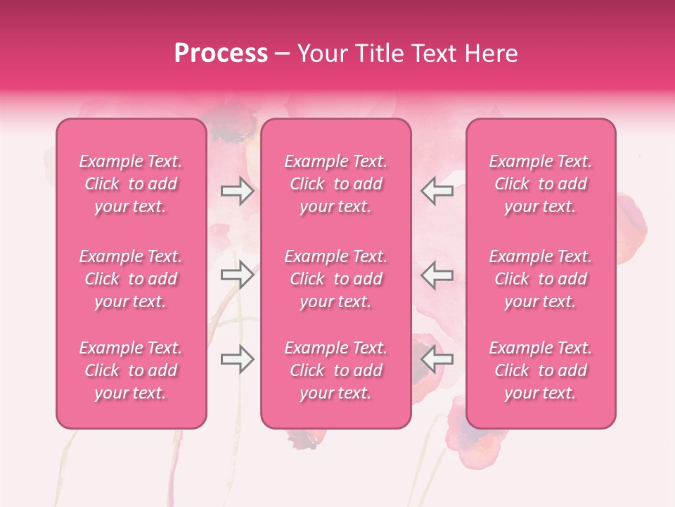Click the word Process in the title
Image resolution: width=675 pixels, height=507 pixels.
pyautogui.click(x=221, y=54)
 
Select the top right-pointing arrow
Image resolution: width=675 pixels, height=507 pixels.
pyautogui.click(x=237, y=191)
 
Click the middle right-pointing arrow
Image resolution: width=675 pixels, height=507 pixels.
pyautogui.click(x=237, y=275)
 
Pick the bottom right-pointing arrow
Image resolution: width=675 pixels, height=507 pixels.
pyautogui.click(x=237, y=359)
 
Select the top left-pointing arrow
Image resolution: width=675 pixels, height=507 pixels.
pyautogui.click(x=437, y=191)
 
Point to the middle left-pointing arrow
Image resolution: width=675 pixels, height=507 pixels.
pyautogui.click(x=437, y=275)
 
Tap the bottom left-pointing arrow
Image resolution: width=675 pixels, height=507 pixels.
pyautogui.click(x=437, y=359)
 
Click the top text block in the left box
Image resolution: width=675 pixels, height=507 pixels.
pyautogui.click(x=131, y=184)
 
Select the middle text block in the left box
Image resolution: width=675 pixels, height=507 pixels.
pyautogui.click(x=131, y=279)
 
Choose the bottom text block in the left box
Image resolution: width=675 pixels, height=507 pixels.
pyautogui.click(x=131, y=370)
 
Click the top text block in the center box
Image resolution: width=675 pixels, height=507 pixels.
pyautogui.click(x=336, y=184)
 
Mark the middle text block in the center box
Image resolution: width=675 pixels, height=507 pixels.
pyautogui.click(x=336, y=279)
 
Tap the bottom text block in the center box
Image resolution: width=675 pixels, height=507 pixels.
pyautogui.click(x=336, y=370)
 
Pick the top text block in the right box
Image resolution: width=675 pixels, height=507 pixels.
pyautogui.click(x=541, y=184)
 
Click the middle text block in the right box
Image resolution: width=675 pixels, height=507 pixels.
pyautogui.click(x=541, y=279)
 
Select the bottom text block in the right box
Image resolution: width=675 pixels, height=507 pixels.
pyautogui.click(x=541, y=370)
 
